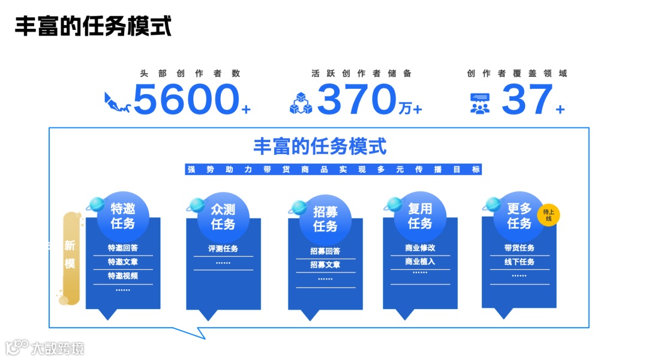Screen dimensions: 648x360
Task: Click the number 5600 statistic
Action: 186,99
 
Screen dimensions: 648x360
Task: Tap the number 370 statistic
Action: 357,99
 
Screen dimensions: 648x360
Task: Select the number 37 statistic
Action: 527,99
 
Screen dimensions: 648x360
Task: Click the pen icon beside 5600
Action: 117,102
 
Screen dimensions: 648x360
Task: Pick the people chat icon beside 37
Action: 479,103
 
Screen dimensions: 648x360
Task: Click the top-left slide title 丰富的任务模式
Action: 93,27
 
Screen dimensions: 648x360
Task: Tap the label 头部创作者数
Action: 190,73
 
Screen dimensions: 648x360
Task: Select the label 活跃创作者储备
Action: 361,73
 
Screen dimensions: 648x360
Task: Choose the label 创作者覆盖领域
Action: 517,73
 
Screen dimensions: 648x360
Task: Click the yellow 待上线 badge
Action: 548,215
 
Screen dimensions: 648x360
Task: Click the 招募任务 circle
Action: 325,219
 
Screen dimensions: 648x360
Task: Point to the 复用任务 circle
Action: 420,216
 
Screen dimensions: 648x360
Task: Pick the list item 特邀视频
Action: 123,276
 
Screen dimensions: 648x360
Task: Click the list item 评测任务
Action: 223,248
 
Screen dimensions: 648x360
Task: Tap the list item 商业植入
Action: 420,262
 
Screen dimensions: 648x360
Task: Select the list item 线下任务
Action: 520,262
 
